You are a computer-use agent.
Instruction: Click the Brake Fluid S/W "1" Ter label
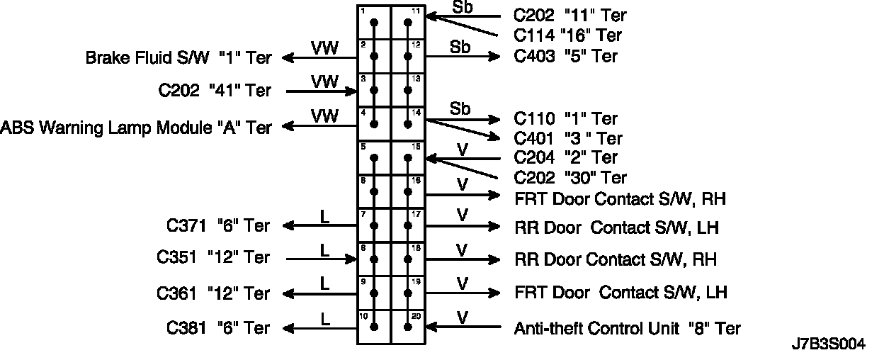tap(178, 58)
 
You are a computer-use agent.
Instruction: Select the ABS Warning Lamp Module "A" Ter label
tap(137, 128)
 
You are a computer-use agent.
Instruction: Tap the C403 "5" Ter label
tap(565, 56)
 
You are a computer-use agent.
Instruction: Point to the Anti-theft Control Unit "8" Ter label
tap(628, 328)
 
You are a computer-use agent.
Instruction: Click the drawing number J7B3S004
tap(828, 345)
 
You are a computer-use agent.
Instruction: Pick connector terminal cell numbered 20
tap(409, 327)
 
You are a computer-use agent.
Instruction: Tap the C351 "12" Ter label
tap(213, 258)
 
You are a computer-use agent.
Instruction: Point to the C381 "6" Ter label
tap(218, 328)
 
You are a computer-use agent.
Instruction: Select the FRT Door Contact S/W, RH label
tap(620, 198)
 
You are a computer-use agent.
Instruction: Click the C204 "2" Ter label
tap(565, 157)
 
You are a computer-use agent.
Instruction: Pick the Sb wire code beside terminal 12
tap(460, 47)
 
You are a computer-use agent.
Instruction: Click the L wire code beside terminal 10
tap(324, 319)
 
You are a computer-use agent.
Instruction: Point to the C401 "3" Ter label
tap(567, 138)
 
